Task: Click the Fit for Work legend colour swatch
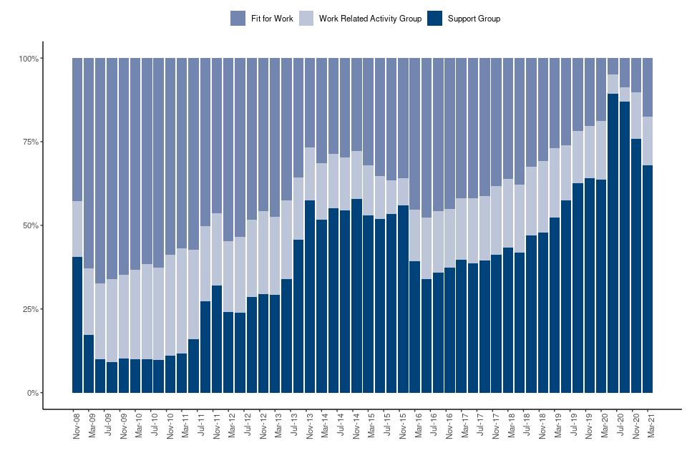[x=238, y=19]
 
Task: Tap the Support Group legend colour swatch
[x=434, y=19]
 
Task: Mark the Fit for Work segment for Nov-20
[x=636, y=75]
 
